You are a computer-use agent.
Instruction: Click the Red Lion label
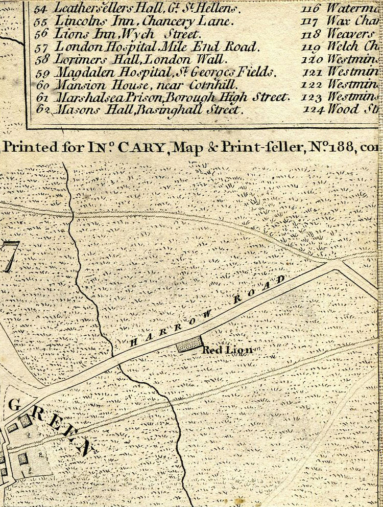(x=227, y=350)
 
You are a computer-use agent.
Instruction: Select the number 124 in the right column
(x=313, y=109)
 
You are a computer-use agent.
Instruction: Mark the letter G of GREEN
(x=14, y=405)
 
